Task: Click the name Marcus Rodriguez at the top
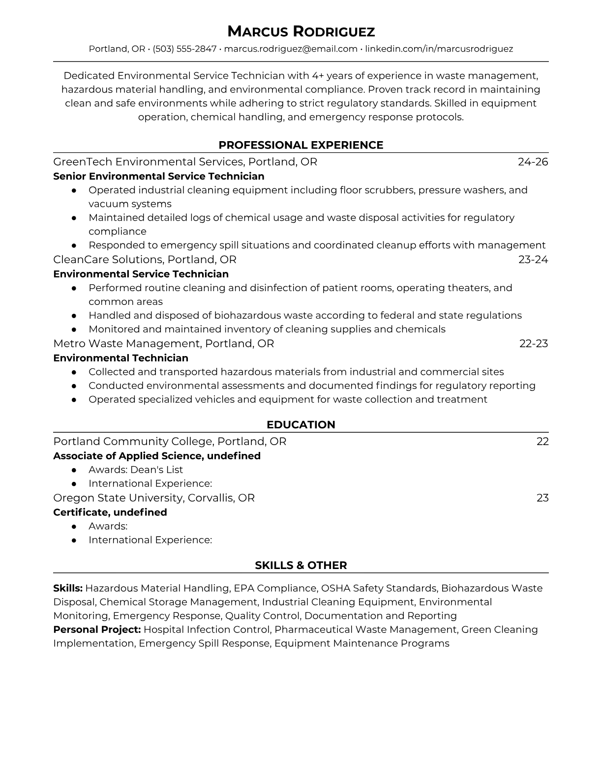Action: coord(301,32)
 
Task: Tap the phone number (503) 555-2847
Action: coord(184,49)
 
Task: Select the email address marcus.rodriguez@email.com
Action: coord(290,49)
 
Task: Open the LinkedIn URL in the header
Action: coord(439,49)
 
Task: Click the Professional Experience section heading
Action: coord(301,145)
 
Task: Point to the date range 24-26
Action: coord(533,162)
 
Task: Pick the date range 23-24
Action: coord(533,260)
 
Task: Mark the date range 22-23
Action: coord(533,343)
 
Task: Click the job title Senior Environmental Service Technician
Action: coord(158,176)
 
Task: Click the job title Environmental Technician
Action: coord(120,358)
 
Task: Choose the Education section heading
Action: coord(301,425)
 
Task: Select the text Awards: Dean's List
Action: coord(135,470)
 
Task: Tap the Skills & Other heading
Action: coord(301,566)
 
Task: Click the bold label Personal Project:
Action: coord(97,629)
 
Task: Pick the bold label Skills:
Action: coord(68,588)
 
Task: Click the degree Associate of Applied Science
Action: coord(128,456)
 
